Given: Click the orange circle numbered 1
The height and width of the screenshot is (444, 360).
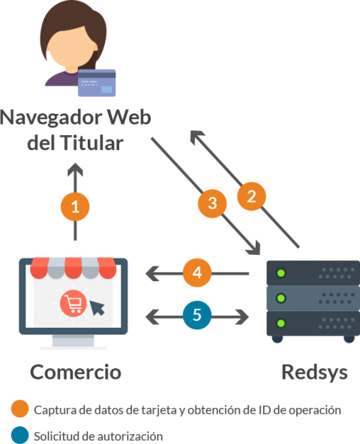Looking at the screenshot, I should (x=75, y=205).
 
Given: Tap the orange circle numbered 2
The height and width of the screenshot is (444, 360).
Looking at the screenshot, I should (x=252, y=196).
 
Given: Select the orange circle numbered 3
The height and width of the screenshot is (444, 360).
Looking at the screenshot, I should (x=213, y=202).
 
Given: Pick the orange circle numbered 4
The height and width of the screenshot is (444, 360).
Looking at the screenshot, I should (x=196, y=274).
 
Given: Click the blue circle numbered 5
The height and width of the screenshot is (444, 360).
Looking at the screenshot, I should (x=196, y=316).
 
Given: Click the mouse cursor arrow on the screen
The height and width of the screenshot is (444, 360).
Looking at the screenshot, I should (x=97, y=308).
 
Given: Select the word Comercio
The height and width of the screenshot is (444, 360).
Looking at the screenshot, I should (x=75, y=372).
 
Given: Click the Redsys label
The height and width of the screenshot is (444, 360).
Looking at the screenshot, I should (x=314, y=372).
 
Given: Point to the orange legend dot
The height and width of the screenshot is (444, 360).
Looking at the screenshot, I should (x=19, y=410).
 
